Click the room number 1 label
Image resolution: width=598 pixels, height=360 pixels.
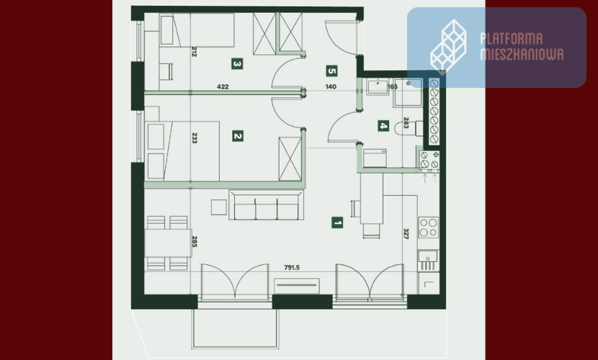(x=337, y=222)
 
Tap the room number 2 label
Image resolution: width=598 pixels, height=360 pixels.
(x=238, y=136)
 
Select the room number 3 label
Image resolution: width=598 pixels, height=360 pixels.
(x=237, y=63)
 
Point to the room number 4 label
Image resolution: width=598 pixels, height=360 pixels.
(x=383, y=126)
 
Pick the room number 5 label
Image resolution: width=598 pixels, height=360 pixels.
(x=332, y=71)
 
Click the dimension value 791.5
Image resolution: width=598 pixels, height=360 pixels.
(x=292, y=267)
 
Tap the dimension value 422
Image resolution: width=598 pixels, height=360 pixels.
(x=223, y=86)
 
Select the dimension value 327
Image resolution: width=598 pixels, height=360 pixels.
(x=406, y=233)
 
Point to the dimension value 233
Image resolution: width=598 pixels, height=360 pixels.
(x=194, y=138)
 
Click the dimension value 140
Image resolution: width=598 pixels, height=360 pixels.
(x=331, y=86)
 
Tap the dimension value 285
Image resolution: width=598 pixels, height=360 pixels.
(x=194, y=241)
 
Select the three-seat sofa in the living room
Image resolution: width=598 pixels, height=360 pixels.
(x=266, y=205)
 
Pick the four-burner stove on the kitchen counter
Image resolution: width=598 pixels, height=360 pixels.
(x=428, y=228)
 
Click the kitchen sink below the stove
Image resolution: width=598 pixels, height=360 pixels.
(x=428, y=261)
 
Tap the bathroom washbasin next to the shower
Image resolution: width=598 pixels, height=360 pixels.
(x=378, y=86)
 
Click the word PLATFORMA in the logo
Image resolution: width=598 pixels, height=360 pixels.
(x=511, y=39)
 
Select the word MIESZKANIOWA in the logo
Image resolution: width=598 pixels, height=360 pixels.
(x=522, y=54)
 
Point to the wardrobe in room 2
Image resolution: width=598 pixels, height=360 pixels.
(x=290, y=159)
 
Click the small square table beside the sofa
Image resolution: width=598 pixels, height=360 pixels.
(x=219, y=207)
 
